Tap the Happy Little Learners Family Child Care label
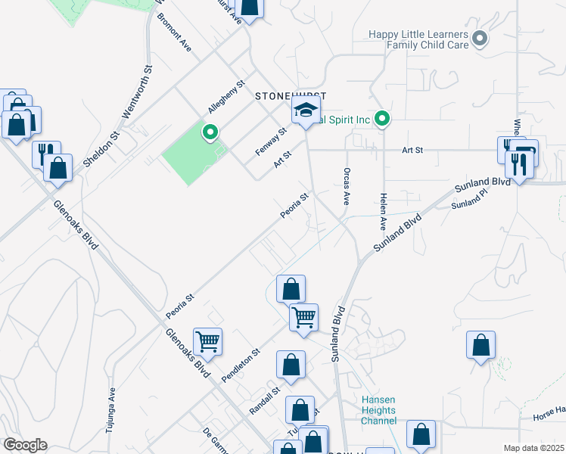418,39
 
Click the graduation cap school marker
306,112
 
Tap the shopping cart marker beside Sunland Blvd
303,316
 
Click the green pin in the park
210,133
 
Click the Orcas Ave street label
347,186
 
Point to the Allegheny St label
227,96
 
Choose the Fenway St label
271,141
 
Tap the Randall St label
265,401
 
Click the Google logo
25,445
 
